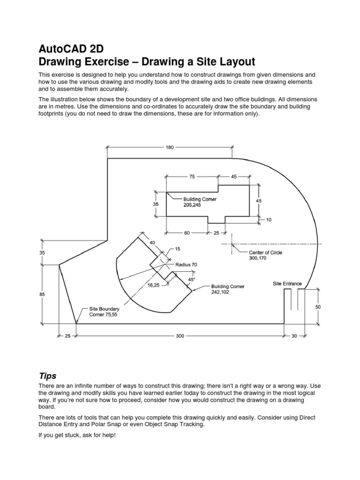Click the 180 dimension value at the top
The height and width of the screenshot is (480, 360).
[170, 147]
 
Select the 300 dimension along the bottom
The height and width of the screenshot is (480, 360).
[180, 336]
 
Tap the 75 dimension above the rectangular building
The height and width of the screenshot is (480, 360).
[192, 177]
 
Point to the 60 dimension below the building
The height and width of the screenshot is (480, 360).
[187, 233]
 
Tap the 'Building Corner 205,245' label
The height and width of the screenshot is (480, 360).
[199, 202]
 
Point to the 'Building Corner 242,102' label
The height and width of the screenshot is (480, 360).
[227, 289]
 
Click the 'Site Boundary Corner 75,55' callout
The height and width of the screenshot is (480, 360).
[104, 312]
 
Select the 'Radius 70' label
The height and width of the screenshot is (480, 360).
[186, 265]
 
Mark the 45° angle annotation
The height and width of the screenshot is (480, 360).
[191, 279]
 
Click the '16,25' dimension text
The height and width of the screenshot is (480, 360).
[154, 285]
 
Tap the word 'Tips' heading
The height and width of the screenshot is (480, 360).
[47, 376]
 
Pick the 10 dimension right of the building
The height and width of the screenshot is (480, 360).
[269, 219]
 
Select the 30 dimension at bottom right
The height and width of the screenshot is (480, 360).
[294, 336]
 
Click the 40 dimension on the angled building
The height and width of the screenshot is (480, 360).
[152, 242]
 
